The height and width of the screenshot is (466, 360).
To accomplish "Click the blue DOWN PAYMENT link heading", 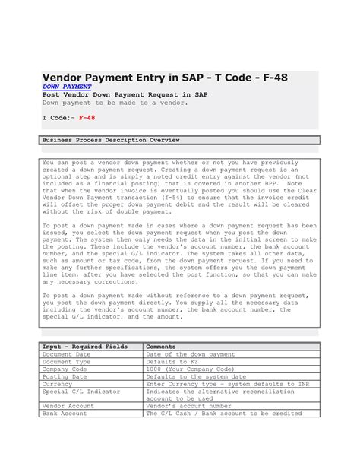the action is coord(66,87).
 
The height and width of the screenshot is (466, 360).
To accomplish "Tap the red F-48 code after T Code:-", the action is coord(87,119).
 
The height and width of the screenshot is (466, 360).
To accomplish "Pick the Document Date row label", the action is coord(67,354).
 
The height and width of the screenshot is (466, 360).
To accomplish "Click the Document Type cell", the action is coord(67,362).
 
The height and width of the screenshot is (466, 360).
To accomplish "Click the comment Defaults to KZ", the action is coord(172,362).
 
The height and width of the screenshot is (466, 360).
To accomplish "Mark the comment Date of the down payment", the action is coord(190,354).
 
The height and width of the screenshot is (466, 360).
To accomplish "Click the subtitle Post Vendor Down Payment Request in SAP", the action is coord(125,94).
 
